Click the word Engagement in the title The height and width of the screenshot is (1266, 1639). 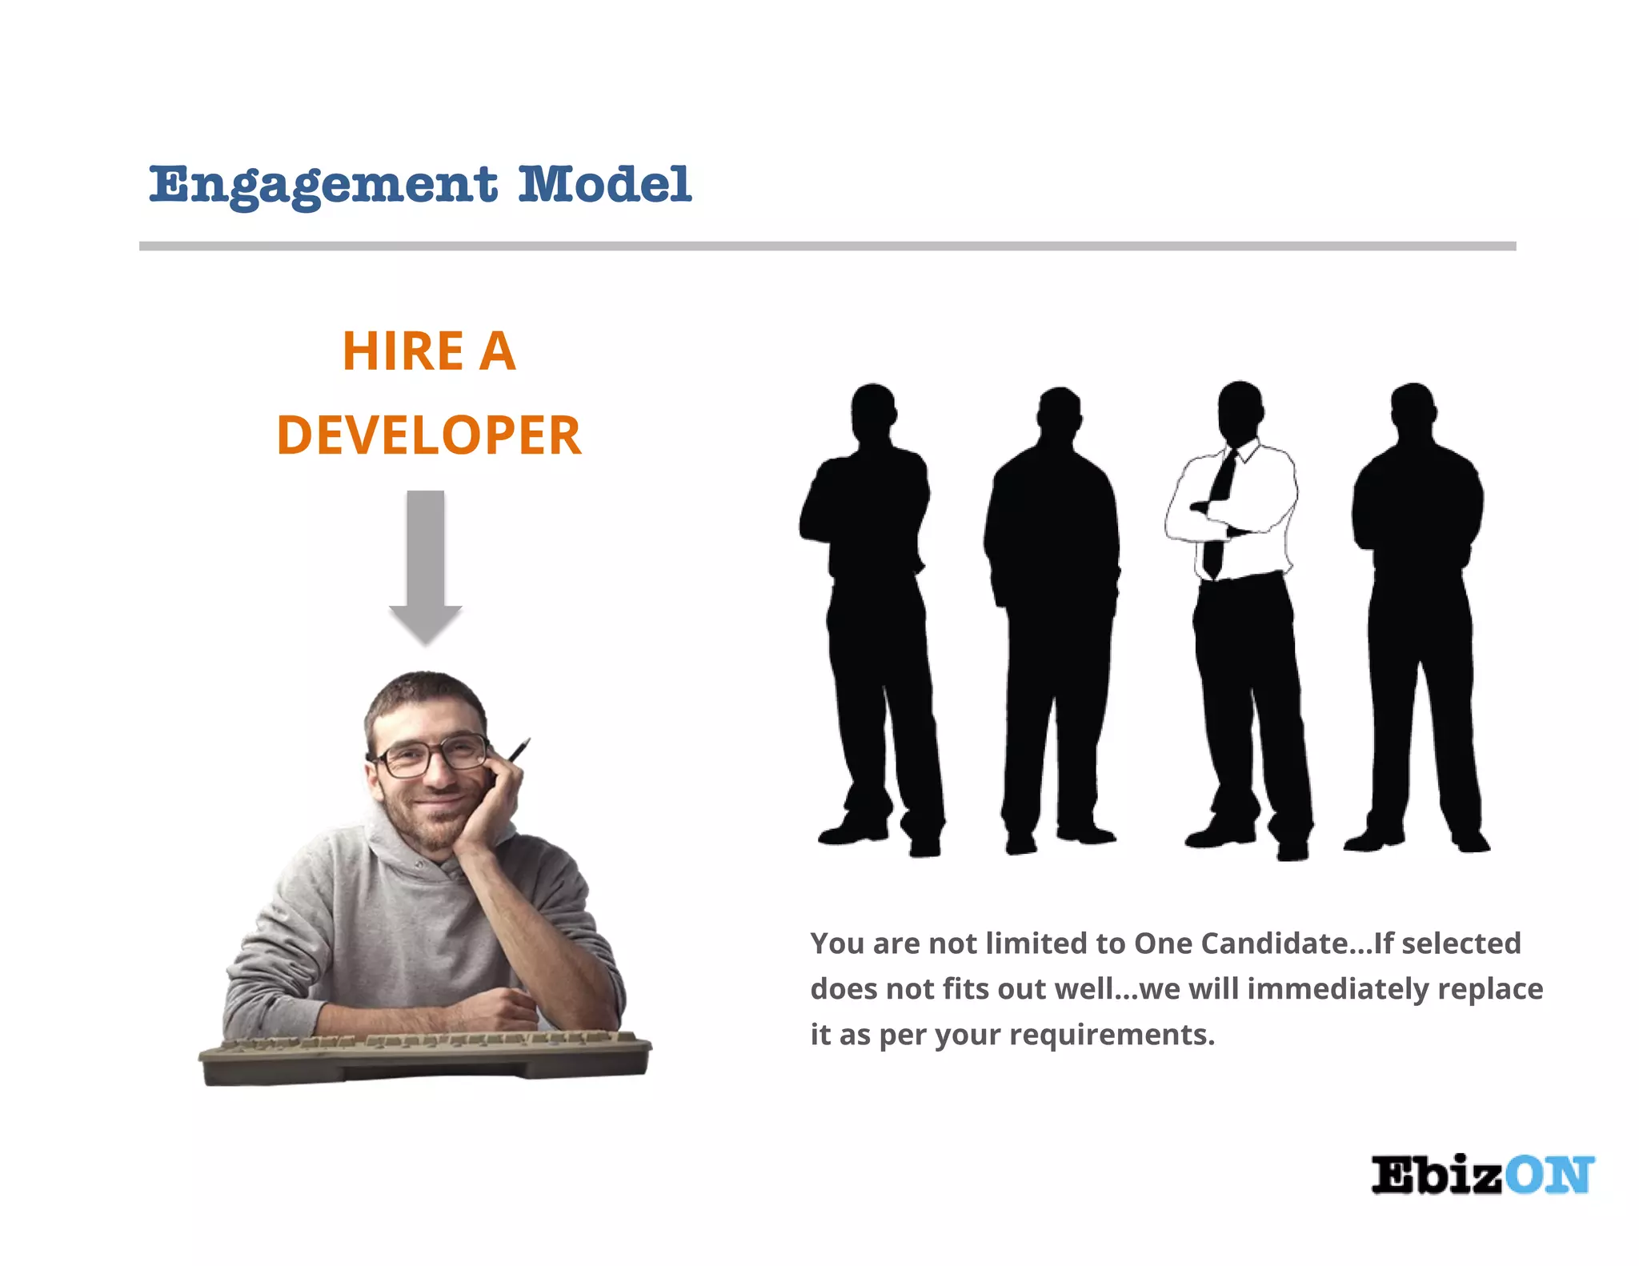pyautogui.click(x=323, y=185)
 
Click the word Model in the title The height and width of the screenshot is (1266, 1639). pyautogui.click(x=604, y=185)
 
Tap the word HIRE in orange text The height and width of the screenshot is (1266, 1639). pyautogui.click(x=403, y=351)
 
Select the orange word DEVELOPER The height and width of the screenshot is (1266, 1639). pyautogui.click(x=429, y=436)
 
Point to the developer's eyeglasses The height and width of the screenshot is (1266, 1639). pyautogui.click(x=432, y=755)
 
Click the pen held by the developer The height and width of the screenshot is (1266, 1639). pyautogui.click(x=519, y=750)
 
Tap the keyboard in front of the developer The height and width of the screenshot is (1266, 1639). pyautogui.click(x=424, y=1058)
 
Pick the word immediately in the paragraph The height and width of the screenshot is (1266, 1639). pyautogui.click(x=1337, y=989)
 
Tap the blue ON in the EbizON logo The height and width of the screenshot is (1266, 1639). pyautogui.click(x=1549, y=1176)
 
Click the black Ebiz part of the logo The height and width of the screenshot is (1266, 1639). pyautogui.click(x=1437, y=1176)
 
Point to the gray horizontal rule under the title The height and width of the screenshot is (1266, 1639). pyautogui.click(x=827, y=246)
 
